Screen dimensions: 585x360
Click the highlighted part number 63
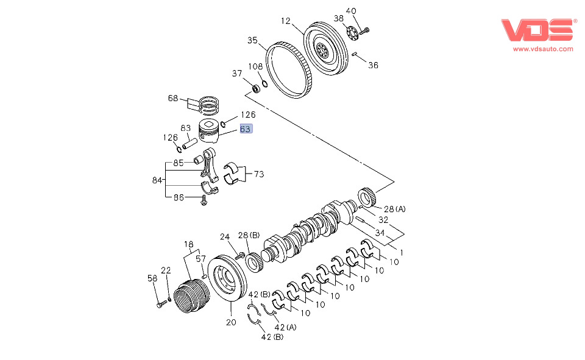(x=246, y=129)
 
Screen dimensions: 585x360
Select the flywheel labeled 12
(x=326, y=49)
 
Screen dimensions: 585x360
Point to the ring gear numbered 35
(x=288, y=70)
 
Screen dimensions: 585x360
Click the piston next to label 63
(x=208, y=132)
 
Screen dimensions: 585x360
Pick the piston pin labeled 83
(x=190, y=143)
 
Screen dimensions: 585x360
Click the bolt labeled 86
(x=204, y=200)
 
